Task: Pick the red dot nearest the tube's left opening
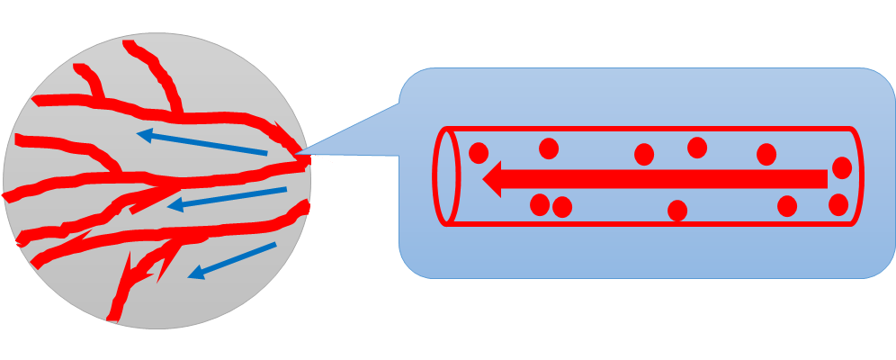(x=479, y=153)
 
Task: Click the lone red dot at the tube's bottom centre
(x=677, y=211)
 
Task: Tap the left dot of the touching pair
(x=540, y=205)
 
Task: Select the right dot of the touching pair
(x=562, y=207)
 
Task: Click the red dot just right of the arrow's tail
(x=842, y=167)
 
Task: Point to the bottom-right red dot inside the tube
(x=838, y=204)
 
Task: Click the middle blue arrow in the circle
(x=227, y=198)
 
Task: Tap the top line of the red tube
(x=648, y=130)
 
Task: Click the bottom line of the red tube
(x=648, y=222)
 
